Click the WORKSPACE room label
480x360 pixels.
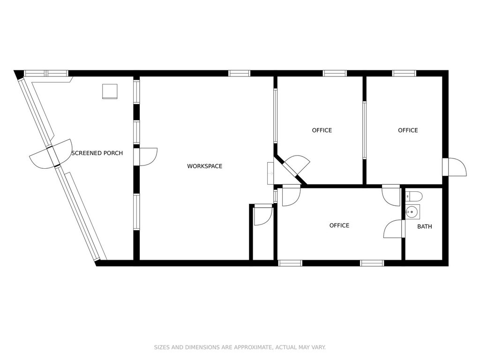pos(204,166)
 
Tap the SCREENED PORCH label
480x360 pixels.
pos(97,153)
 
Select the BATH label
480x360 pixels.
pos(425,226)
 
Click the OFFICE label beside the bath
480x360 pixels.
pos(339,225)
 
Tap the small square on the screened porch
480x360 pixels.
pos(110,91)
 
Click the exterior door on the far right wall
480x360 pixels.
pos(454,167)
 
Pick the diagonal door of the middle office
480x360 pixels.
pos(296,165)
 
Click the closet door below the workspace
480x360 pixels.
pos(263,215)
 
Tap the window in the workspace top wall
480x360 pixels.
pos(240,74)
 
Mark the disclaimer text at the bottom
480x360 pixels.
pos(240,347)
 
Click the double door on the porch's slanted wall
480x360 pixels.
pos(51,154)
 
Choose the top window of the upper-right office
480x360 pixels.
pos(405,74)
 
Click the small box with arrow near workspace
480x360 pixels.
pos(270,173)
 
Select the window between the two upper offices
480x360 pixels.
pos(364,130)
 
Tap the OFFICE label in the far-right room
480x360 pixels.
pos(408,130)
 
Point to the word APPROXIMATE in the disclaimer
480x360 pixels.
pos(253,347)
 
